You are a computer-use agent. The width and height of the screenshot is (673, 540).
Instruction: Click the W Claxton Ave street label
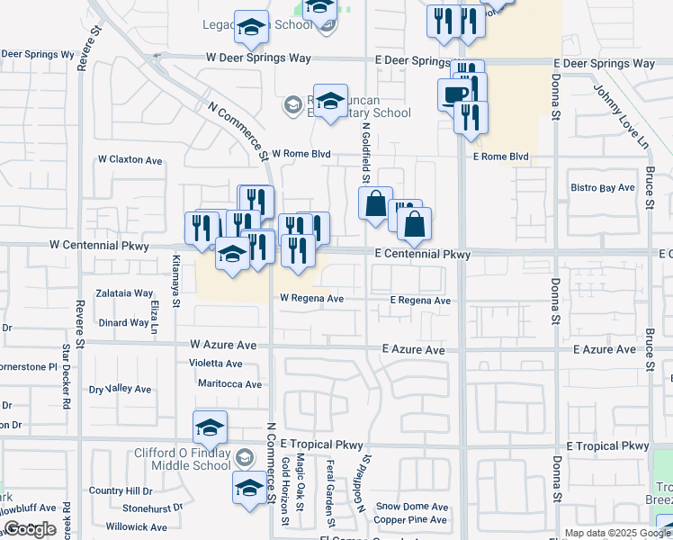pos(130,160)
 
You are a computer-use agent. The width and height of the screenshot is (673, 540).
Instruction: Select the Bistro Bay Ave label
pos(603,188)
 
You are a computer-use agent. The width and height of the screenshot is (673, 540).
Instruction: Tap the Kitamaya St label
pos(176,276)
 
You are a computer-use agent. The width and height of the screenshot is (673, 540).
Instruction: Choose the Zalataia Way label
pos(125,293)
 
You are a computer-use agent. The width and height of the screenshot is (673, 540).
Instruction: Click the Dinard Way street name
pos(124,322)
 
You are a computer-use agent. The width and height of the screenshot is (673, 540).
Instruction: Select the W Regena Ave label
pos(311,298)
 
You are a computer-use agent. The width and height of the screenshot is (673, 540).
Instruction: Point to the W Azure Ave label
pos(223,345)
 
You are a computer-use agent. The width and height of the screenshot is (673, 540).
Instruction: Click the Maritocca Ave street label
pos(229,384)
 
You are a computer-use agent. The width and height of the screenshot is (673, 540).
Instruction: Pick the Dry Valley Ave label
pos(120,389)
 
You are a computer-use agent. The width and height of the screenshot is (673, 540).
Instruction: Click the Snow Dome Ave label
pos(412,507)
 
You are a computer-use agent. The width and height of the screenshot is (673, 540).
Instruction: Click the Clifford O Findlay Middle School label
pos(183,459)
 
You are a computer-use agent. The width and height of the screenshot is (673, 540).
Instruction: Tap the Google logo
pos(29,529)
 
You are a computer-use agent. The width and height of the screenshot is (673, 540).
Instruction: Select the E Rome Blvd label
pos(501,157)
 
